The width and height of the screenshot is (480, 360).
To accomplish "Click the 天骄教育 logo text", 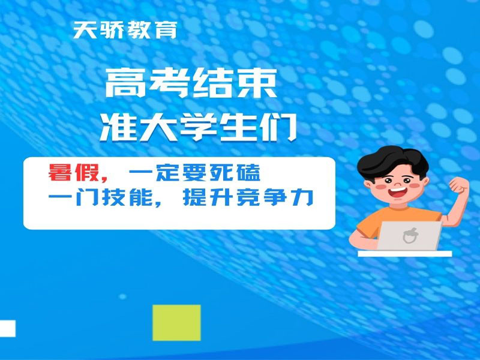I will point(125,30).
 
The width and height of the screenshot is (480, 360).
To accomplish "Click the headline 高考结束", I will point(191,84).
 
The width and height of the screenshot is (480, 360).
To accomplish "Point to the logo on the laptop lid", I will point(412,236).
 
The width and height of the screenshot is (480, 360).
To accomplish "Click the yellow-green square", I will point(176,322).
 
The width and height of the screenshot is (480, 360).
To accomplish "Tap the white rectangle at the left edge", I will point(7,328).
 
